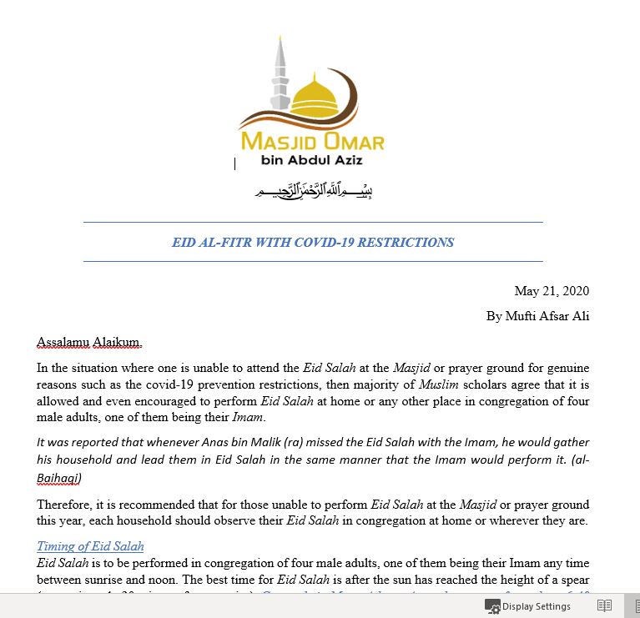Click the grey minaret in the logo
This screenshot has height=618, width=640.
(280, 75)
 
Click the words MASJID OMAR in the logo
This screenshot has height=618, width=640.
(312, 141)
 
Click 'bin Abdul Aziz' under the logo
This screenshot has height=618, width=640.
(312, 159)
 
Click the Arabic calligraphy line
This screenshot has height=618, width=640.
(313, 192)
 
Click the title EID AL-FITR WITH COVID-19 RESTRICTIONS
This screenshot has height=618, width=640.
(313, 243)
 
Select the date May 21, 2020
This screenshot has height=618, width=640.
(552, 291)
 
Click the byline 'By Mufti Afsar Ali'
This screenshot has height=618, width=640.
(537, 316)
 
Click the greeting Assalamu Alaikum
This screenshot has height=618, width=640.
(89, 342)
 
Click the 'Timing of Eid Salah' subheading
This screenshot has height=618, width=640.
(90, 546)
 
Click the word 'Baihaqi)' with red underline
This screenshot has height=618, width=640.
(59, 478)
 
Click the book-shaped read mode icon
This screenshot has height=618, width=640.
(605, 606)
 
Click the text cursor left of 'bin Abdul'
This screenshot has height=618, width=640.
(235, 163)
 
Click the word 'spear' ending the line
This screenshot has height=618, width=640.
(573, 579)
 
